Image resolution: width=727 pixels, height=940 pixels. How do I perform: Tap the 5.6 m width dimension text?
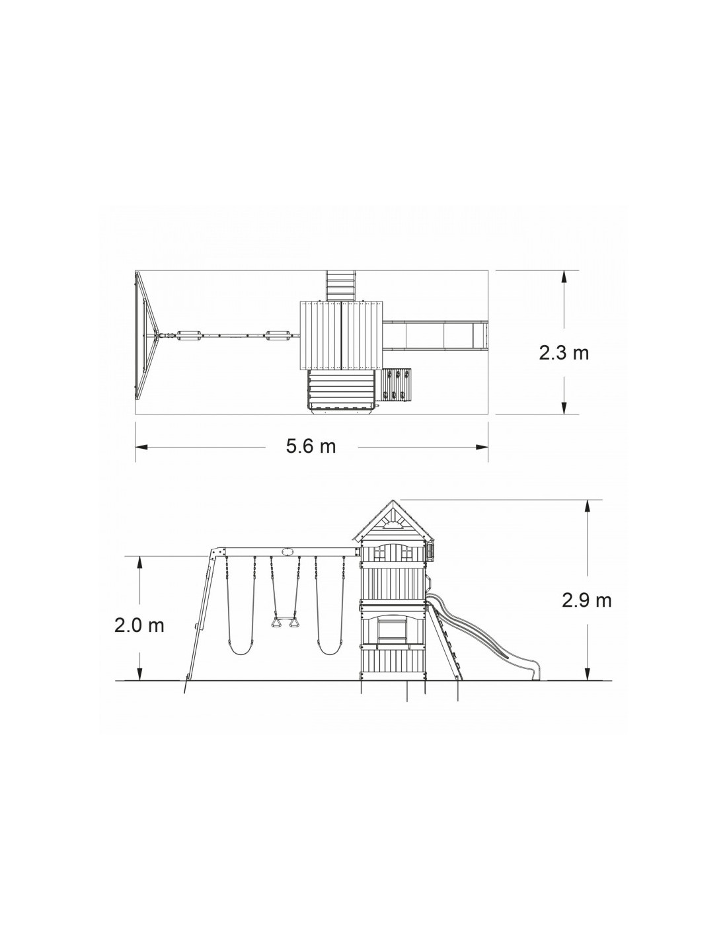click(x=311, y=446)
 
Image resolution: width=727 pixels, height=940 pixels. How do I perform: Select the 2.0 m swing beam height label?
click(x=139, y=626)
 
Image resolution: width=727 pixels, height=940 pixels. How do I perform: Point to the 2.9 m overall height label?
click(x=586, y=601)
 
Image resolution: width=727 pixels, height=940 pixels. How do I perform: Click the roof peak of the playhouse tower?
click(x=393, y=501)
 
